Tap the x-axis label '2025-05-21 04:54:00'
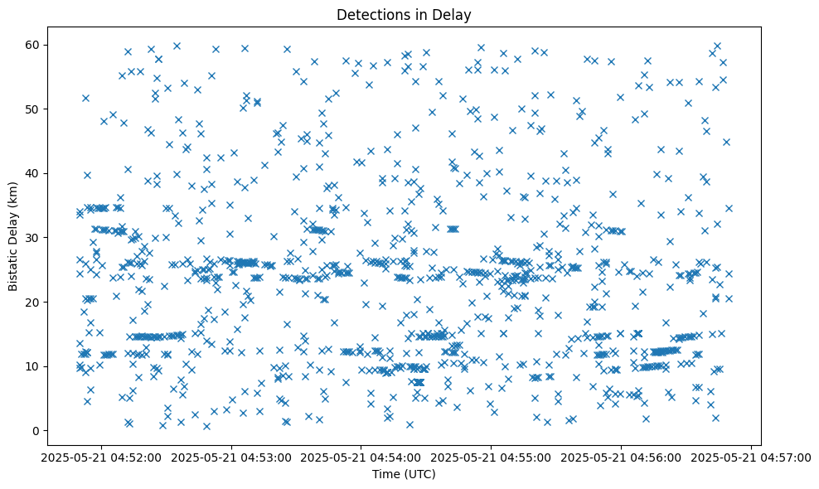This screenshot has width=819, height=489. pyautogui.click(x=361, y=457)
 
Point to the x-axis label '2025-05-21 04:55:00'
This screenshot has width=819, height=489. pyautogui.click(x=492, y=457)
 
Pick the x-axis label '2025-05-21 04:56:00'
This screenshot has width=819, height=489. pyautogui.click(x=622, y=457)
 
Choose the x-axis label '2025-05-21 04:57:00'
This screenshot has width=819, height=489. pyautogui.click(x=751, y=457)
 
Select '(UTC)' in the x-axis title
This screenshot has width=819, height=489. pyautogui.click(x=420, y=475)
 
